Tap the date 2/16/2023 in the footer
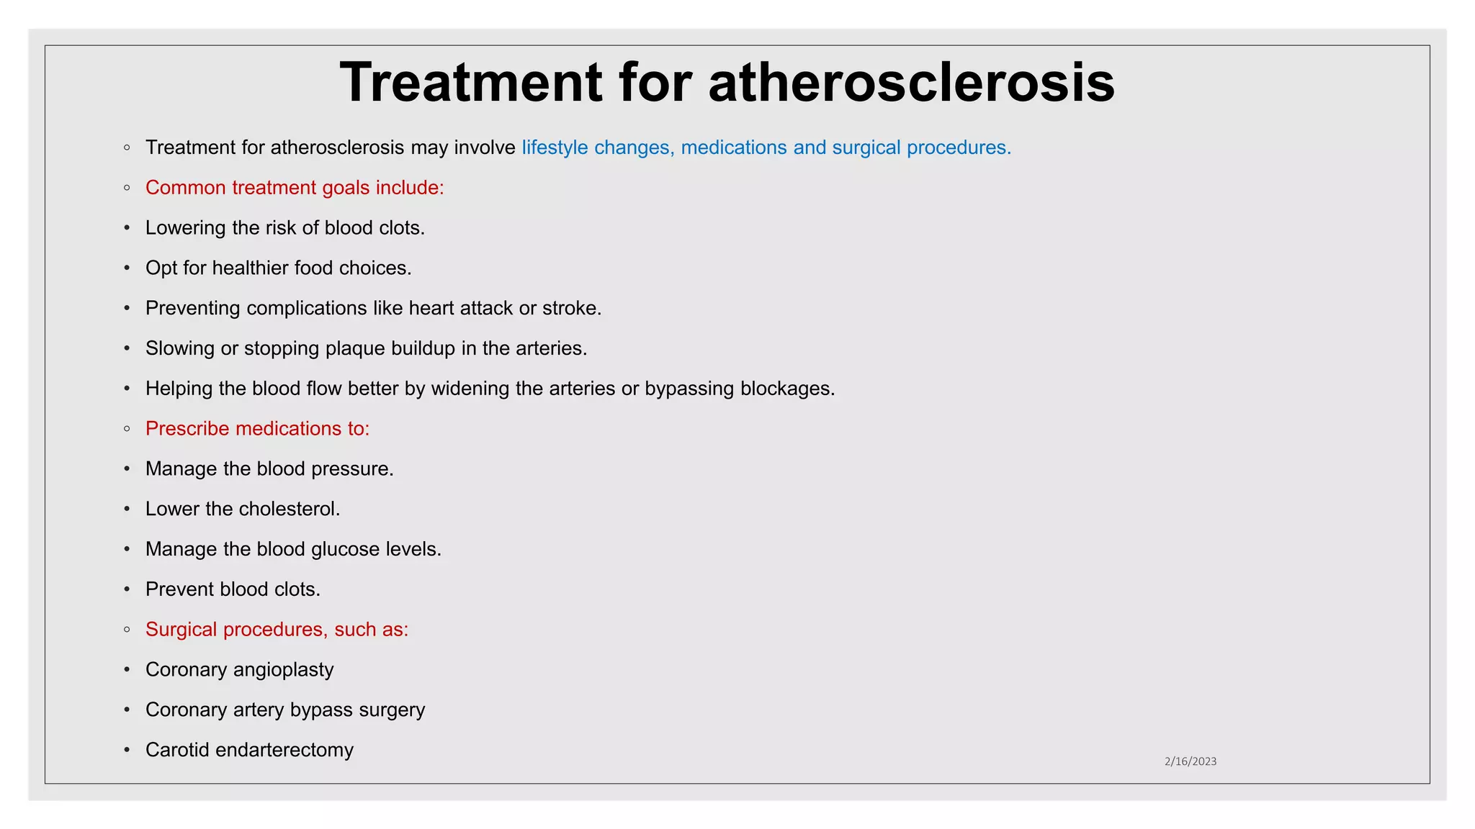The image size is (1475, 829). coord(1190,761)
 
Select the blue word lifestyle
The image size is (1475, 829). coord(555,148)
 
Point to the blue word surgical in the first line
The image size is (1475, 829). coord(866,148)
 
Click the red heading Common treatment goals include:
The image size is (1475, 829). coord(295,188)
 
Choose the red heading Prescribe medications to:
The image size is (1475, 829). coord(257,429)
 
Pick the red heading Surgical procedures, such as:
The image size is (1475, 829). coord(277,630)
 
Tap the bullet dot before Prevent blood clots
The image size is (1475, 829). coord(127,590)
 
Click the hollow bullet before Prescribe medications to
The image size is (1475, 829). coord(127,429)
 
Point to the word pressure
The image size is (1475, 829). coord(357,469)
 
